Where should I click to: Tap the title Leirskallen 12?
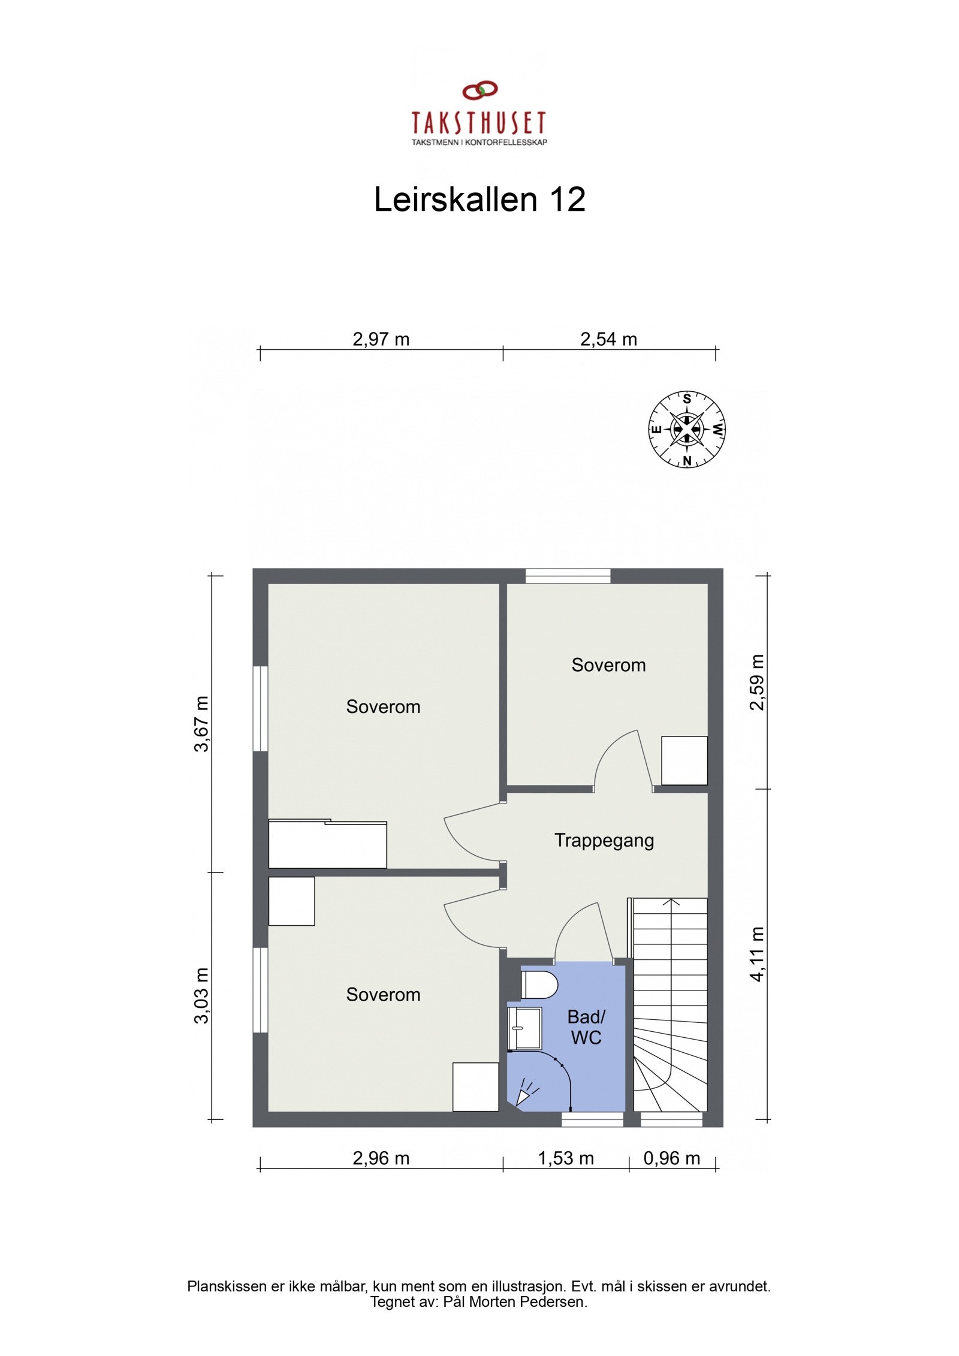tap(479, 199)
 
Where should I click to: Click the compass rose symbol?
tap(687, 429)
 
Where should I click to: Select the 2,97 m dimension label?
tap(381, 340)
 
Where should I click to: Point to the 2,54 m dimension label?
tap(608, 340)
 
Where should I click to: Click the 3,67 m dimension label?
tap(202, 723)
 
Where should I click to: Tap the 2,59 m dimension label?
tap(758, 682)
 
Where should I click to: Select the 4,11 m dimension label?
tap(758, 955)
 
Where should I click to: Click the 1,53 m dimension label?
tap(565, 1158)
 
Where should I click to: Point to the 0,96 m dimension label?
tap(671, 1158)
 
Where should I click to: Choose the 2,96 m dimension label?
tap(381, 1158)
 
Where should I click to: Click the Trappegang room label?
tap(604, 841)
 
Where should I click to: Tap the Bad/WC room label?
tap(586, 1027)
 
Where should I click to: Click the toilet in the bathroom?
tap(539, 984)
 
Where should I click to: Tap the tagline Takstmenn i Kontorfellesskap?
tap(479, 143)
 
